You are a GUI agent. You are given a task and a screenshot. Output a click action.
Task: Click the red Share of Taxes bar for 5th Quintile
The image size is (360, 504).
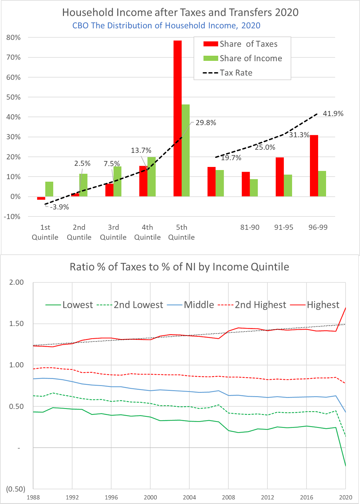pyautogui.click(x=178, y=118)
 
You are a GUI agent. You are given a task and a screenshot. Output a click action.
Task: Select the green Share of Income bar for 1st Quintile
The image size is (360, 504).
pyautogui.click(x=49, y=189)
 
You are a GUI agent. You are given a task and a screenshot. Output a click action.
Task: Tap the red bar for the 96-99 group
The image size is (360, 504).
pyautogui.click(x=314, y=166)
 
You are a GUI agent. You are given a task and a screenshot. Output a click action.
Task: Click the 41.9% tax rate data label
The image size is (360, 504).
pyautogui.click(x=333, y=114)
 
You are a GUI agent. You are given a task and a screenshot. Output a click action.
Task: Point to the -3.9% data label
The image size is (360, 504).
pyautogui.click(x=60, y=207)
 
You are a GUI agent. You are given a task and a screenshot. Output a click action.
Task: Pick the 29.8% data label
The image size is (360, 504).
pyautogui.click(x=206, y=123)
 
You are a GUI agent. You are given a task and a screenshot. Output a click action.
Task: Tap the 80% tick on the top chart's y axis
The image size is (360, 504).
pyautogui.click(x=13, y=37)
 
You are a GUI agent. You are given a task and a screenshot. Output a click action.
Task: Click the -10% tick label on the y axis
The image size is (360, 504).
pyautogui.click(x=12, y=216)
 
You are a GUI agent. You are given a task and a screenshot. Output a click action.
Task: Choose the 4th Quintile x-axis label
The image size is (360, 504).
pyautogui.click(x=147, y=232)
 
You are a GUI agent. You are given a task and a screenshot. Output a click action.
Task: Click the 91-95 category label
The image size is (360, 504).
pyautogui.click(x=284, y=227)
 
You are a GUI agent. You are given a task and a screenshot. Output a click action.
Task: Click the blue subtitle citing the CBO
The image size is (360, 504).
pyautogui.click(x=166, y=26)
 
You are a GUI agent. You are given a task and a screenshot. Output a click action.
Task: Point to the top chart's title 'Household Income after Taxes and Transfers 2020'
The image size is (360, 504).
pyautogui.click(x=180, y=12)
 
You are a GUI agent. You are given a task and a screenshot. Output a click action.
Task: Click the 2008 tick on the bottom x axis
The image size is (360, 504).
pyautogui.click(x=228, y=497)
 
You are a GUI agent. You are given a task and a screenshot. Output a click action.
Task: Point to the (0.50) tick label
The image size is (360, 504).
pyautogui.click(x=15, y=489)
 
